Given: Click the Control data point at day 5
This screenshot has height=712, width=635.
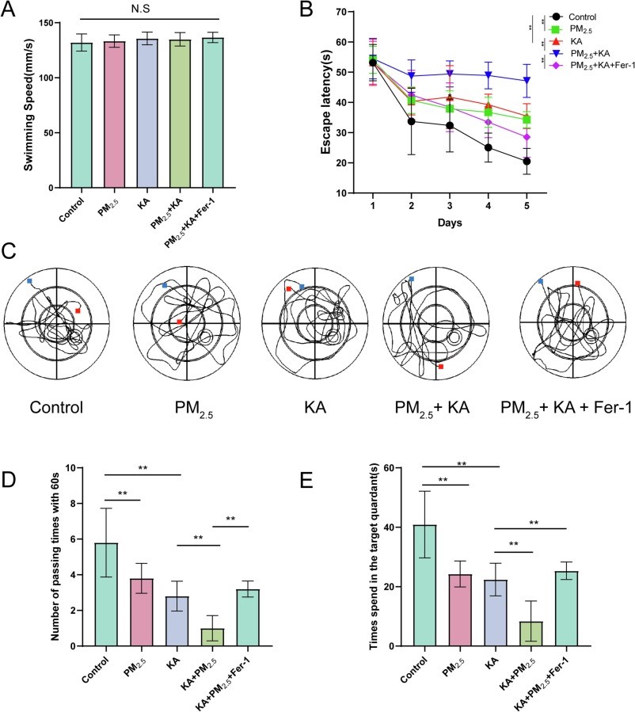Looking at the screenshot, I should point(526,161).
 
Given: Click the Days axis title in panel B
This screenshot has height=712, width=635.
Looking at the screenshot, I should point(450,223).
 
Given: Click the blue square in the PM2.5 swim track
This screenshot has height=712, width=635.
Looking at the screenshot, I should point(165,284).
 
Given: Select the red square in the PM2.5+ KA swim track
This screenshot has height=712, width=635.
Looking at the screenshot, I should point(440,367).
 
